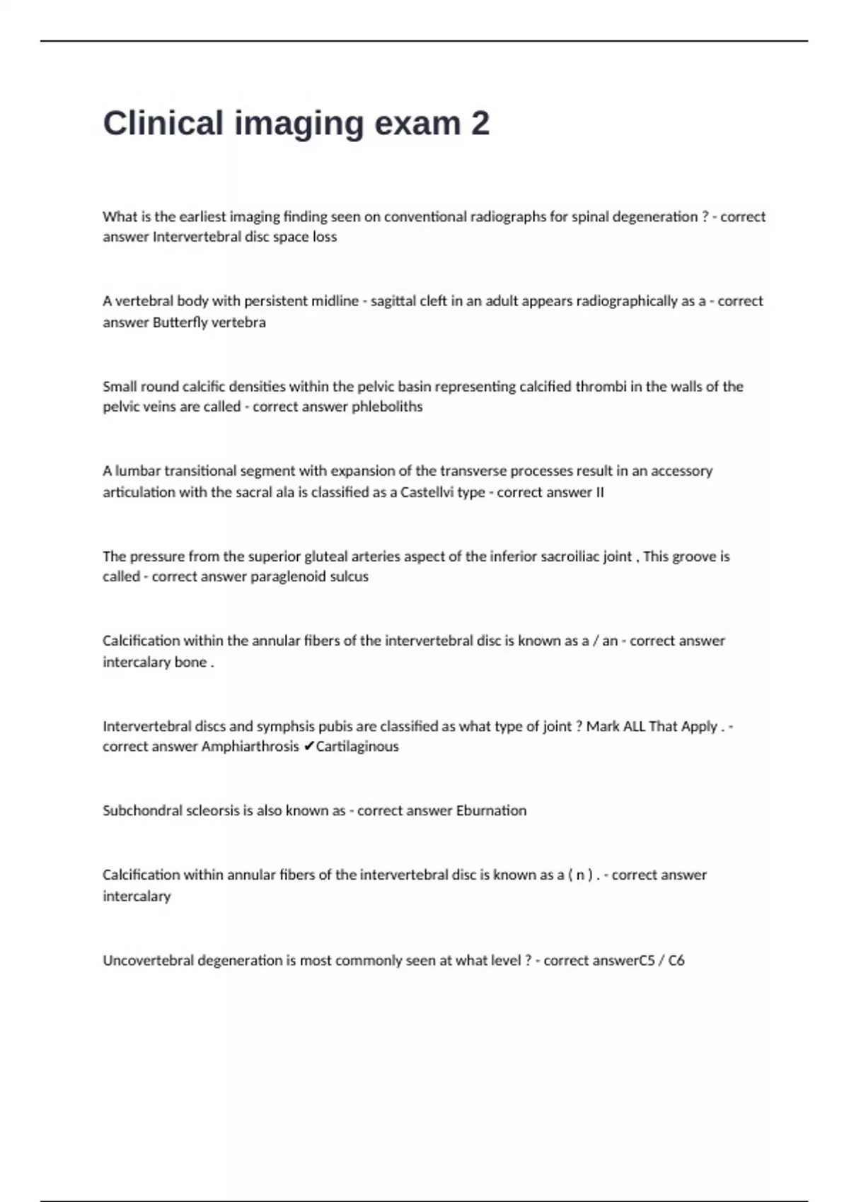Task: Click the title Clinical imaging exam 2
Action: [x=296, y=123]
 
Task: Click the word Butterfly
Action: [x=180, y=322]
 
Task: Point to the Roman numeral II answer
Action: [x=600, y=492]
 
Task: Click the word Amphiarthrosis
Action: [x=250, y=747]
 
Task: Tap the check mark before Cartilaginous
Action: [x=308, y=747]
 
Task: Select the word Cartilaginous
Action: [x=357, y=747]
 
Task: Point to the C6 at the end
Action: [x=676, y=960]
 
